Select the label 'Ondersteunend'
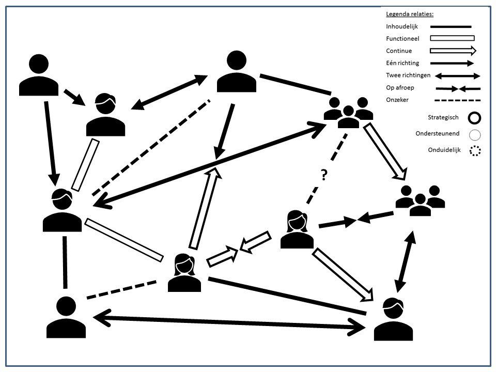click(x=437, y=134)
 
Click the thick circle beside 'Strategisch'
click(x=474, y=118)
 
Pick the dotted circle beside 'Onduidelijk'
click(x=475, y=151)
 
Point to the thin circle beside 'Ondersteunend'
click(x=475, y=135)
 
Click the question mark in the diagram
click(x=323, y=176)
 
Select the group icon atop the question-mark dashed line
click(x=348, y=112)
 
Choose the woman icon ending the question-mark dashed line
click(x=297, y=229)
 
